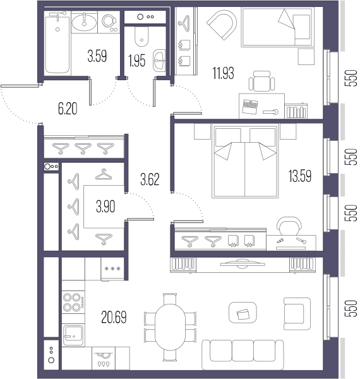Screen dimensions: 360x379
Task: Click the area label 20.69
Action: point(114,317)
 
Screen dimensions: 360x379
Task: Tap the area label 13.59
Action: point(300,176)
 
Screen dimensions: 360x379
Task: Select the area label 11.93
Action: point(223,73)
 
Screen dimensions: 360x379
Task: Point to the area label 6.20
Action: point(68,109)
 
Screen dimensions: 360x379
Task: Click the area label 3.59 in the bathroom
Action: point(97,56)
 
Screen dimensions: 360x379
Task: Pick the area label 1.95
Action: point(137,61)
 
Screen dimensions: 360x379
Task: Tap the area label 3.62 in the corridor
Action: point(150,179)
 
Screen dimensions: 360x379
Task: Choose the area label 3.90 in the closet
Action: point(105,207)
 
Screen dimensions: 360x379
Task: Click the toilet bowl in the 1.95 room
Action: point(141,37)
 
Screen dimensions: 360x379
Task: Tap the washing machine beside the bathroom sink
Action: point(109,22)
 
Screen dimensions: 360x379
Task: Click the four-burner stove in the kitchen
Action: point(73,302)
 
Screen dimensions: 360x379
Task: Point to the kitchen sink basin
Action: point(73,335)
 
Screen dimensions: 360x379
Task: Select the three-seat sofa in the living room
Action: point(243,354)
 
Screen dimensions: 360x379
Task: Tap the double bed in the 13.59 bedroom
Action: point(245,160)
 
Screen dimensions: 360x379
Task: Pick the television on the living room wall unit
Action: point(242,263)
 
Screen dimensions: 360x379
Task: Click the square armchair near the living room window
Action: point(297,313)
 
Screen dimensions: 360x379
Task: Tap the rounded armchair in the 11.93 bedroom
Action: point(222,25)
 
